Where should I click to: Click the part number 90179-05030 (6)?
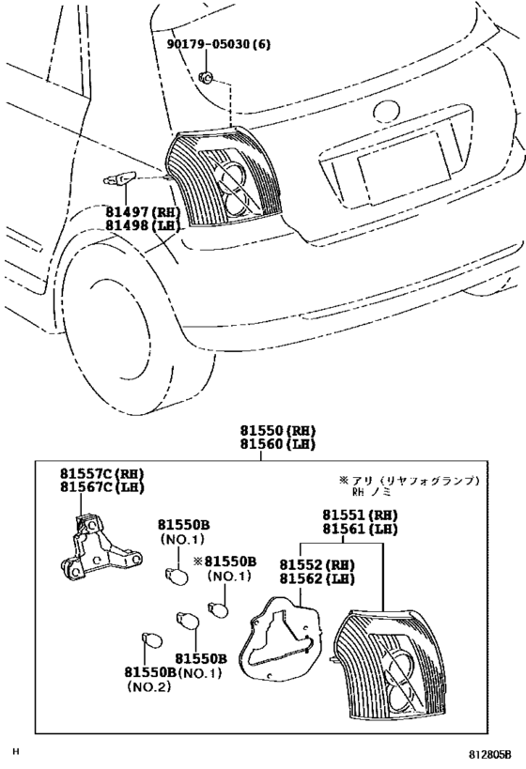[218, 44]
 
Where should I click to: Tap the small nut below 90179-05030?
[206, 76]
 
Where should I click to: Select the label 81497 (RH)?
[143, 212]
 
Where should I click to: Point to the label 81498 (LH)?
[143, 225]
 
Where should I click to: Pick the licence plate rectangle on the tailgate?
[404, 167]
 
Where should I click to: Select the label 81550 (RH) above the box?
[277, 431]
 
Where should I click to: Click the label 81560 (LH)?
[277, 444]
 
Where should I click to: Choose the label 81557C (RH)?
[102, 474]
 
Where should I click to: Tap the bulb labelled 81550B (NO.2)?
[151, 641]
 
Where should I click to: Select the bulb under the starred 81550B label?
[218, 610]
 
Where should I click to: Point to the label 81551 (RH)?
[360, 515]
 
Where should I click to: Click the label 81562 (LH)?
[317, 578]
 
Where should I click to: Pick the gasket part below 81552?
[279, 638]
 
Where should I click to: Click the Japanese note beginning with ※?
[409, 485]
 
